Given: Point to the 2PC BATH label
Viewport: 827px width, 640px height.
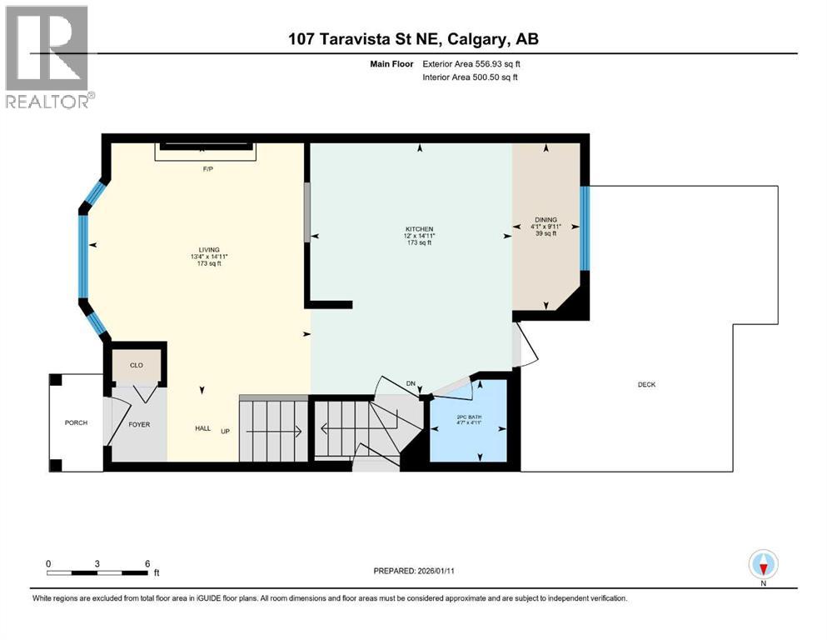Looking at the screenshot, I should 469,417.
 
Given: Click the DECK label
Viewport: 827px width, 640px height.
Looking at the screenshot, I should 646,384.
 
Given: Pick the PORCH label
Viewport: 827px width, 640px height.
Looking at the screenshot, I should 76,422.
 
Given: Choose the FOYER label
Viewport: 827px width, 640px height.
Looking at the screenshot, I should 138,424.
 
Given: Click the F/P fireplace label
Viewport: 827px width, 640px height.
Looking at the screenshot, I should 208,169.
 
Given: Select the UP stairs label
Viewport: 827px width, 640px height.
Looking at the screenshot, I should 225,432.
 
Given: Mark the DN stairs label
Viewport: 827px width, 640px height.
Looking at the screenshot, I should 411,383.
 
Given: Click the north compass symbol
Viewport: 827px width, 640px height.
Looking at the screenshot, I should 763,566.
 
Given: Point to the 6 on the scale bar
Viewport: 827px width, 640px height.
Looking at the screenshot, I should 147,563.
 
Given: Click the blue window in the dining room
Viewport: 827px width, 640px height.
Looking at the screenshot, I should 585,227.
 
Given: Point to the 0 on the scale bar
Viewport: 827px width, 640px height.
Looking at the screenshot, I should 48,563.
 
